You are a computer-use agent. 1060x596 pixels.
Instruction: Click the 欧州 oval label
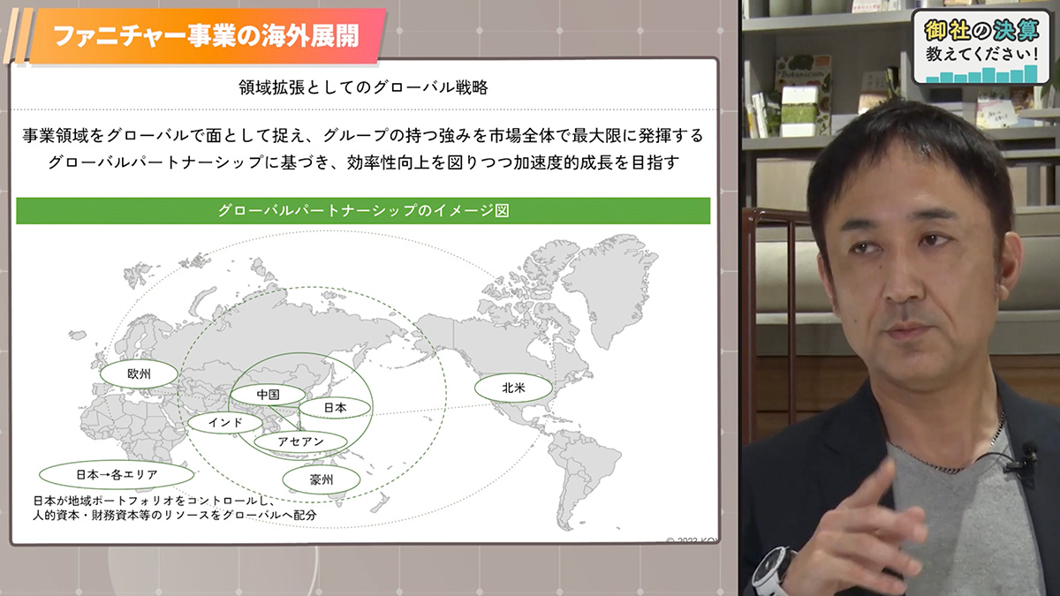(x=140, y=374)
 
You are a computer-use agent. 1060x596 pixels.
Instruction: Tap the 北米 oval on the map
(x=513, y=388)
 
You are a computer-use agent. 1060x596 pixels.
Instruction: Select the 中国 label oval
(x=268, y=395)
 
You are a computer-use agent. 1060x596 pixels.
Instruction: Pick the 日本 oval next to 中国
(x=335, y=408)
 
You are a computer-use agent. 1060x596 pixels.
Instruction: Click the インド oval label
(x=225, y=422)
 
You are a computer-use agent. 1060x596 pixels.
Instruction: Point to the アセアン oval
(x=300, y=441)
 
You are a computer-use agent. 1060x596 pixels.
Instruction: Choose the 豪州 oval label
(x=322, y=480)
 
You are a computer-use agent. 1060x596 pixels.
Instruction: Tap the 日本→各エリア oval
(x=117, y=474)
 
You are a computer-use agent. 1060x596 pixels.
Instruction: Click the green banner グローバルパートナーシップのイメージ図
(x=363, y=210)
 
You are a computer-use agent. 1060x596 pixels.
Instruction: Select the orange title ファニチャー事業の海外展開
(x=207, y=36)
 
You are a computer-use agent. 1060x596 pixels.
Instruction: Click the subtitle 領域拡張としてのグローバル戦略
(x=363, y=87)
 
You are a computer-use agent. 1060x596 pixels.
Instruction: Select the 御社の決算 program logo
(x=981, y=46)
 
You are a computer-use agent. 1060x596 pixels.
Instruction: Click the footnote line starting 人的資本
(x=174, y=515)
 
